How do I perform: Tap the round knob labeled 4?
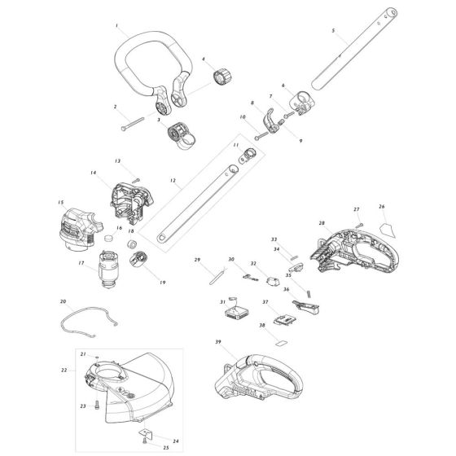point(221,77)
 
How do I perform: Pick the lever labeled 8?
point(270,123)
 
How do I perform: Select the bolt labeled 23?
point(95,405)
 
